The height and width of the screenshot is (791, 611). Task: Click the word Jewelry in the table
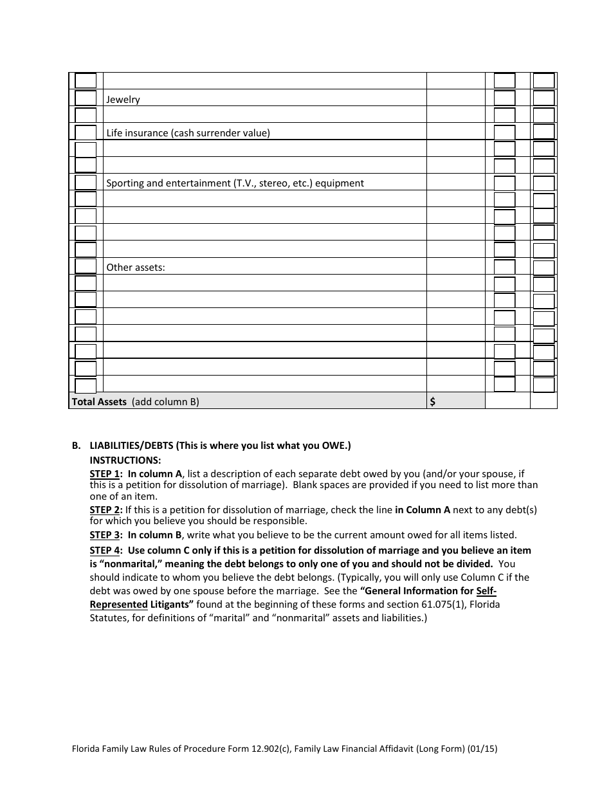[123, 100]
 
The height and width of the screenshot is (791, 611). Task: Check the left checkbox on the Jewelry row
[86, 98]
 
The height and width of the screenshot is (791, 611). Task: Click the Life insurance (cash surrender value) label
[188, 133]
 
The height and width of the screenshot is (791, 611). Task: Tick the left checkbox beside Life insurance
[86, 132]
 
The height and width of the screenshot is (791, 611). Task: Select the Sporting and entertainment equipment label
[235, 183]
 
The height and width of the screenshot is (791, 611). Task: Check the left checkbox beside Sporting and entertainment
[86, 182]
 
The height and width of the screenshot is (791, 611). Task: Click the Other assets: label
[136, 267]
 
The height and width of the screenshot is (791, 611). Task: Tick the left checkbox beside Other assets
[86, 266]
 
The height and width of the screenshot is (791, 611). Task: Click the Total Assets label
[99, 402]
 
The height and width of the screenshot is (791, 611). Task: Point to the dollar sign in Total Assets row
[433, 402]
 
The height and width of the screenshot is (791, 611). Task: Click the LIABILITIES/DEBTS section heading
[220, 446]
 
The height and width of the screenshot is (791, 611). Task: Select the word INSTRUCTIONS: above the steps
[125, 460]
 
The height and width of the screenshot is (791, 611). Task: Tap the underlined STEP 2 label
[105, 510]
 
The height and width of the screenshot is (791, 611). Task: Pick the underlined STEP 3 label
[105, 535]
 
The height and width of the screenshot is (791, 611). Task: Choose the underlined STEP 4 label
[105, 550]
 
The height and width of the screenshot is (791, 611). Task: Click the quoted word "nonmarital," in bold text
[125, 564]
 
